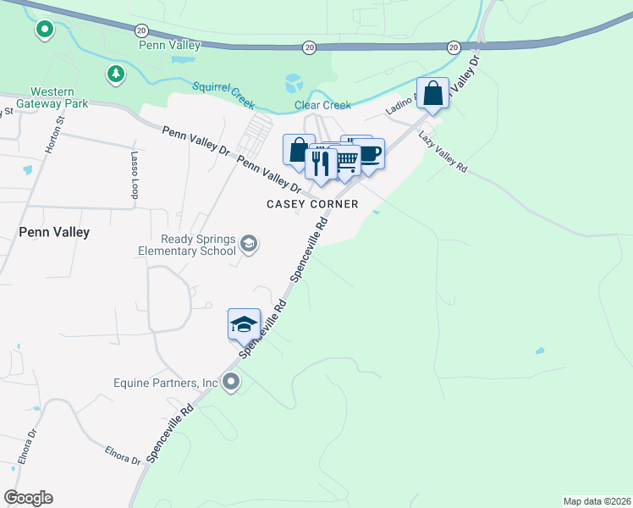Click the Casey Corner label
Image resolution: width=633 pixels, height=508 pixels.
(312, 204)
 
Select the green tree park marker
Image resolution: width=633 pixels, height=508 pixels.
(116, 74)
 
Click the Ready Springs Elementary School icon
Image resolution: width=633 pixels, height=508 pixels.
(249, 245)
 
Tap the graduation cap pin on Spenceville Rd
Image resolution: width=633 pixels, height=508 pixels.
(244, 323)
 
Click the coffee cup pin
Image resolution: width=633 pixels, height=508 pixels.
(369, 154)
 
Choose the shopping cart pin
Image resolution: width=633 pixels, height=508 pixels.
(345, 160)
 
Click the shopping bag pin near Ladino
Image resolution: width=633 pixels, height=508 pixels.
(432, 93)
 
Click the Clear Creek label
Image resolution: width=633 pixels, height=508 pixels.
(322, 105)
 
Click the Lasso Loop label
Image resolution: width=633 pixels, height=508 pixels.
(134, 175)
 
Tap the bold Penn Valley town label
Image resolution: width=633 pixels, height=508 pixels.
(53, 231)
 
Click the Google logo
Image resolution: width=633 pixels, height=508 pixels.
(28, 498)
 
